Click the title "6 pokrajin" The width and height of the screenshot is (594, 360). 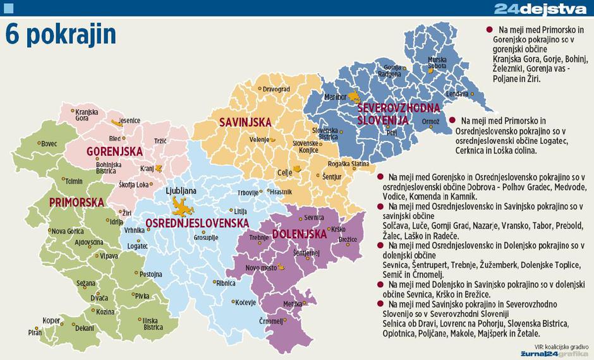(x=61, y=35)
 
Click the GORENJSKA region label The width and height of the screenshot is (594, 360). (x=114, y=152)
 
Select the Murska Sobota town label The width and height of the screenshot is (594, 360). (x=437, y=63)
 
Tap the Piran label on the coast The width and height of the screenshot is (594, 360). (x=34, y=332)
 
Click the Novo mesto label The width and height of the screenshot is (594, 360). (x=259, y=268)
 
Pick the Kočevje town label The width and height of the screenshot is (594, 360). (x=245, y=303)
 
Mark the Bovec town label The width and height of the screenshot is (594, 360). (x=49, y=144)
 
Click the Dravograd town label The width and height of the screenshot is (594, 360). (x=276, y=90)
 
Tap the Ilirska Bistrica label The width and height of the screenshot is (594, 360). (x=153, y=324)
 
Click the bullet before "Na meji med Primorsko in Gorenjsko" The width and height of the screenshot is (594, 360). (x=489, y=30)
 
